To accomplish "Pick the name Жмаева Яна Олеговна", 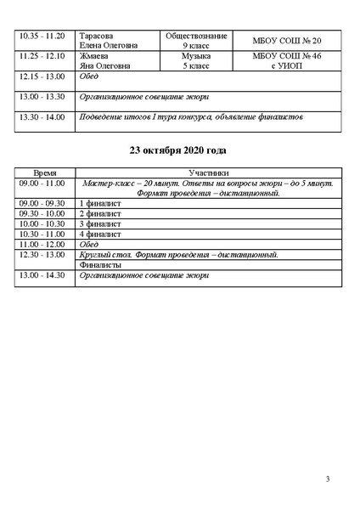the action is (101, 61).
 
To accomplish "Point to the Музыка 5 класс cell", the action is (196, 61).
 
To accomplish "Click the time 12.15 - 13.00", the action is (42, 77).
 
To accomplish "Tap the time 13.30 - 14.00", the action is (42, 116).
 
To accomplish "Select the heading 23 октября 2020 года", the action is (179, 150).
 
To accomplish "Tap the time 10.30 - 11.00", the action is (42, 234).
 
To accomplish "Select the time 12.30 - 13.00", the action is (42, 254).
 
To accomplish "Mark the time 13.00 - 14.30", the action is (42, 275).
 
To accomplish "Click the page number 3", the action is (328, 481).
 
